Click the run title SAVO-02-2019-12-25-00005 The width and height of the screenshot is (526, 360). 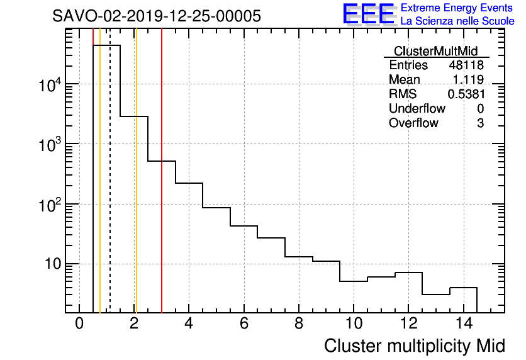click(157, 16)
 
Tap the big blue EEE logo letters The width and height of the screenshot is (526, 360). click(368, 14)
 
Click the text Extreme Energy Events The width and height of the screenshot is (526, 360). click(457, 8)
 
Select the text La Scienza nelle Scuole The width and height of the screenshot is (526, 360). click(457, 21)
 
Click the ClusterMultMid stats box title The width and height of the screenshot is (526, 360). click(435, 51)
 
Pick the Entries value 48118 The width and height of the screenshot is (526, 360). click(466, 65)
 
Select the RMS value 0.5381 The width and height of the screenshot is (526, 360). click(466, 94)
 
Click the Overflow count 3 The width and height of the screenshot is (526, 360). click(480, 123)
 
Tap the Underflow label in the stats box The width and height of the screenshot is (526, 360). click(417, 109)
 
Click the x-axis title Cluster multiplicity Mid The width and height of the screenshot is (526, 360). click(415, 346)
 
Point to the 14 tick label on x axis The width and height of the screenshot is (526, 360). click(463, 324)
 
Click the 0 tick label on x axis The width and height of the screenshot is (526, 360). click(79, 324)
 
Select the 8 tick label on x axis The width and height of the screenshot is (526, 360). click(299, 324)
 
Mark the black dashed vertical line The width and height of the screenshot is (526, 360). click(110, 189)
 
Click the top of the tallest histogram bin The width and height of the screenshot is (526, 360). click(106, 45)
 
